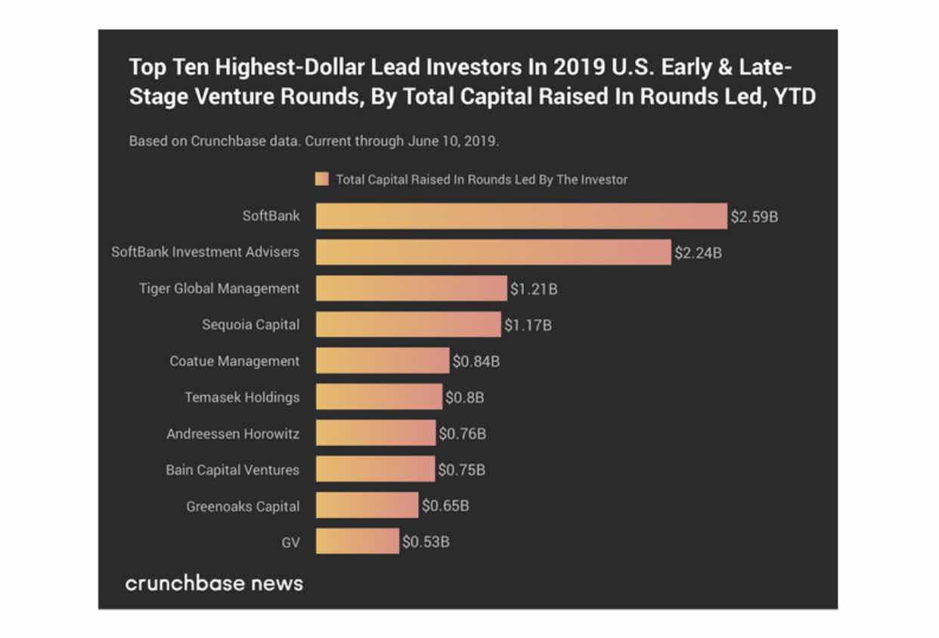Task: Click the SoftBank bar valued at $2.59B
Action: click(x=521, y=216)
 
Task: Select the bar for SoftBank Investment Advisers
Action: click(x=493, y=252)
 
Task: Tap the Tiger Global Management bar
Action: click(x=411, y=289)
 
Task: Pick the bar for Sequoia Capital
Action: click(x=408, y=325)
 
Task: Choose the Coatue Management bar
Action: click(x=383, y=361)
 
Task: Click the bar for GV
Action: click(x=357, y=542)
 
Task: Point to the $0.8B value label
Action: click(x=464, y=398)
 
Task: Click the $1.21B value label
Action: click(x=534, y=289)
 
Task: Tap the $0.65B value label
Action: click(x=445, y=506)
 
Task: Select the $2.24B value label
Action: click(x=698, y=252)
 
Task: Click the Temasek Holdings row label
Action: click(x=242, y=398)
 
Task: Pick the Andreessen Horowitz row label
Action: click(x=233, y=434)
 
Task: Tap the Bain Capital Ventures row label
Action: click(x=232, y=470)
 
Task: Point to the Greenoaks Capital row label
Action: click(x=243, y=506)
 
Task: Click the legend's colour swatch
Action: click(x=321, y=180)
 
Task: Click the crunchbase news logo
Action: click(x=214, y=584)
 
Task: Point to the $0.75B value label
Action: click(x=462, y=470)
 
